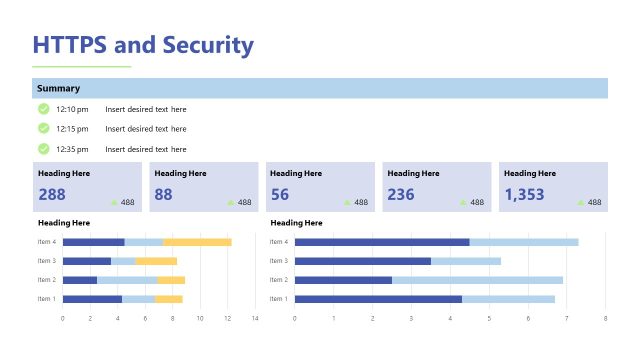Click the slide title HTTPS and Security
click(143, 45)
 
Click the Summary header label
click(58, 88)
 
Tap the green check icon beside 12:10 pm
click(43, 109)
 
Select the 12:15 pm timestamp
click(72, 129)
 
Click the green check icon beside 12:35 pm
click(43, 148)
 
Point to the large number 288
click(52, 194)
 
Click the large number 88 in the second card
click(163, 194)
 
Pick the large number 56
click(280, 194)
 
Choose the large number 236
click(401, 194)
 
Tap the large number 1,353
click(525, 194)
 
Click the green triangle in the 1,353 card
click(579, 203)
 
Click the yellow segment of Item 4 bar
click(197, 242)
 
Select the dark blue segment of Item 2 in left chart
click(80, 280)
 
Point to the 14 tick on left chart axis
click(255, 319)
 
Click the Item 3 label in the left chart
click(46, 261)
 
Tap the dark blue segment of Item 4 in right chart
click(382, 242)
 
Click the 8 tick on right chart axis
click(605, 319)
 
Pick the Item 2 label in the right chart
click(278, 280)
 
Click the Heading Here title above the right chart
click(297, 223)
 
